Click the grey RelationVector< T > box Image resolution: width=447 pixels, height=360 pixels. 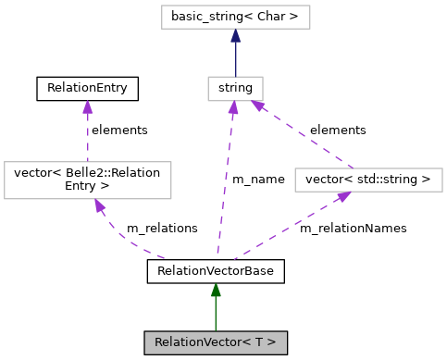[216, 342]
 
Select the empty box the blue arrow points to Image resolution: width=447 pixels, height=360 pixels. [235, 17]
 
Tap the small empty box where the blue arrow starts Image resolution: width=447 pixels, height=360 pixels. [235, 89]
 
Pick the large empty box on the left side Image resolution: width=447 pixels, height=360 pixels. [88, 180]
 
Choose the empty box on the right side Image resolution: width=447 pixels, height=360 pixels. [368, 180]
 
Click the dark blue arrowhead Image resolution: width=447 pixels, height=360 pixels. [235, 36]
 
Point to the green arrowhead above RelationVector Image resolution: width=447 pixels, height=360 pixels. [216, 291]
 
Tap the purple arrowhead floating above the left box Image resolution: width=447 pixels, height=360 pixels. [87, 107]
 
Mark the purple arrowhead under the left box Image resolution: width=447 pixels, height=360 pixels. [98, 205]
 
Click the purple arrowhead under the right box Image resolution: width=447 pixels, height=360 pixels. [343, 196]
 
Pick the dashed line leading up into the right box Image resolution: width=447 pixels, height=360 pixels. [287, 229]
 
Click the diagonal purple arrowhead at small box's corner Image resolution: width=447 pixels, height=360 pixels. [258, 106]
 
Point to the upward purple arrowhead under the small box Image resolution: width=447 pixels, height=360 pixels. [233, 108]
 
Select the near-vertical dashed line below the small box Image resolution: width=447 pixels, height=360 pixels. [225, 185]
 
